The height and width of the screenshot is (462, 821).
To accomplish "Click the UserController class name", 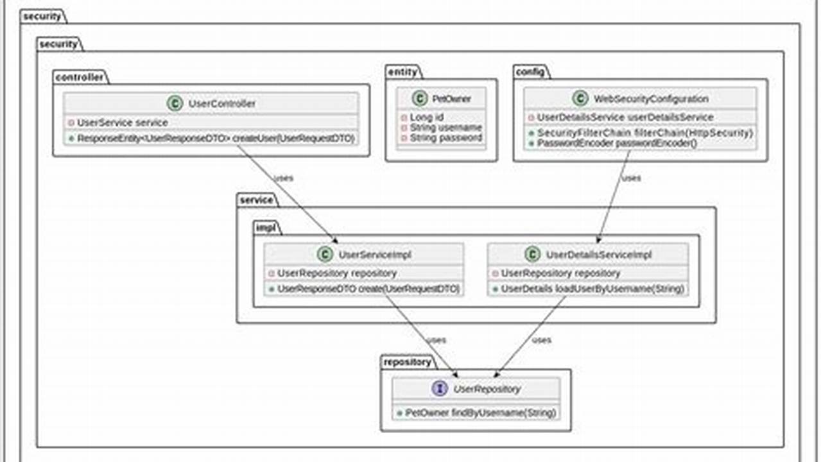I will [221, 103].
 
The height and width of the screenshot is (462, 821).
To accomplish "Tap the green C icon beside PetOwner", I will [419, 99].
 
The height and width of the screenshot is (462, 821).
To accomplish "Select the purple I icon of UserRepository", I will [440, 389].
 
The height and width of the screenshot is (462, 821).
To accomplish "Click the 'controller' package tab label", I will [80, 78].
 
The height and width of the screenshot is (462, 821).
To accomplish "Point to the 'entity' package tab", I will [402, 72].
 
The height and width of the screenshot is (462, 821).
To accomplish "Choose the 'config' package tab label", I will [530, 72].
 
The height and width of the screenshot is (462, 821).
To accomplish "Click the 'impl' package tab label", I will [266, 228].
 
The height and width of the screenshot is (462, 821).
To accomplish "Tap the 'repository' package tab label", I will [407, 362].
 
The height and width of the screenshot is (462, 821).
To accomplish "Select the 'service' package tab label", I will [255, 200].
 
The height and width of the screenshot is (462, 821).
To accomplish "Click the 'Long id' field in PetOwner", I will [426, 117].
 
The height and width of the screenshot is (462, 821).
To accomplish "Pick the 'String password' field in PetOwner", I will [445, 137].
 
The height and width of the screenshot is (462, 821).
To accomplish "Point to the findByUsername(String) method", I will [480, 413].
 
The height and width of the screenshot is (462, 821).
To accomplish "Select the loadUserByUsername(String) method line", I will [592, 289].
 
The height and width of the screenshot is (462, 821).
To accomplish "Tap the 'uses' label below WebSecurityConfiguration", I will [632, 178].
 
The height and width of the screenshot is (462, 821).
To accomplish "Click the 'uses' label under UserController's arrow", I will [284, 178].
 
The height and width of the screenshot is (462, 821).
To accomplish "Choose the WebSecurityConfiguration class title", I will [651, 99].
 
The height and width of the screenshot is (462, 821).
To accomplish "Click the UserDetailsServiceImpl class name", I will [598, 255].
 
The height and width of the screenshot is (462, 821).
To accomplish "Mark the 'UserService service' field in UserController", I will [122, 122].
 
